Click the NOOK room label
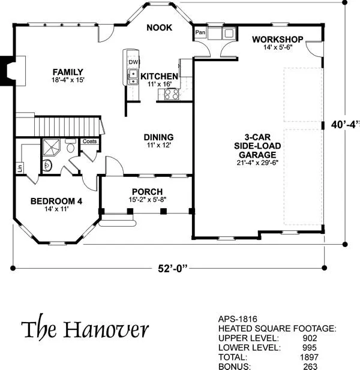click(x=160, y=28)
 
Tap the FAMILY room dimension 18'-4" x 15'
click(x=68, y=80)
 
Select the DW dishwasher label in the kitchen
click(x=133, y=62)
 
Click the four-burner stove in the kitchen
click(x=172, y=94)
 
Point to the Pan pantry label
click(x=200, y=32)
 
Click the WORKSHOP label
click(x=278, y=40)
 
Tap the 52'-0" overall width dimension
click(x=173, y=269)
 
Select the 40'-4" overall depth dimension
click(x=345, y=125)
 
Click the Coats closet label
click(x=90, y=141)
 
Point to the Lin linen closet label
click(x=20, y=168)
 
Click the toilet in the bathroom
click(x=70, y=146)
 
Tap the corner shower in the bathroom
click(x=51, y=148)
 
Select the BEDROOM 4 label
click(x=56, y=201)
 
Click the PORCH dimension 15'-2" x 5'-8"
click(x=148, y=200)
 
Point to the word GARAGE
click(x=257, y=155)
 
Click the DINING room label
click(x=158, y=137)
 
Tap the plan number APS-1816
click(x=238, y=319)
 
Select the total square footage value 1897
click(x=309, y=357)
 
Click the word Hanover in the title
click(x=106, y=329)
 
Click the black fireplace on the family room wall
click(x=7, y=71)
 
